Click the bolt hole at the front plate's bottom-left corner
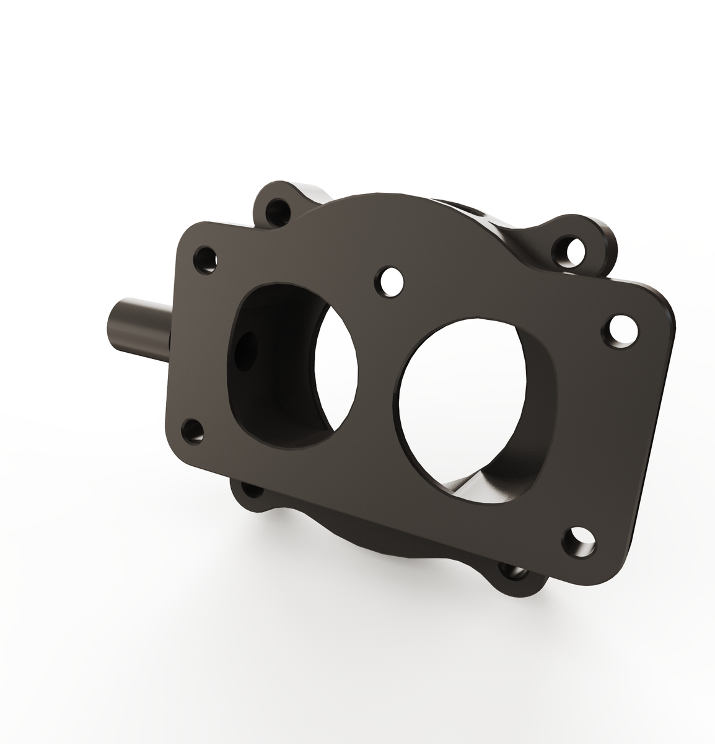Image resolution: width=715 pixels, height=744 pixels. click(x=193, y=430)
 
